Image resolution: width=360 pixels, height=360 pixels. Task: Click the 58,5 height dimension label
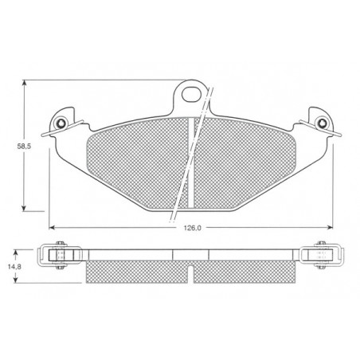[24, 146]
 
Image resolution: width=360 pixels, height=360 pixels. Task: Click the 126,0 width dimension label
[193, 228]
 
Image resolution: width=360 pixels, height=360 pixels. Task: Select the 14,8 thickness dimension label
[14, 267]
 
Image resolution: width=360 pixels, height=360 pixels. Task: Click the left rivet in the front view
[61, 123]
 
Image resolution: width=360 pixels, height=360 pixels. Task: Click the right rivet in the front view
[322, 123]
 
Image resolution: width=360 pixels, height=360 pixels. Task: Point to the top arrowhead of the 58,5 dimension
[24, 83]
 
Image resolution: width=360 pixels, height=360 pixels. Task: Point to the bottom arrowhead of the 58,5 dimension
[24, 208]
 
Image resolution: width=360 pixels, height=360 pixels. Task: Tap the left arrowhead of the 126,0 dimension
[53, 227]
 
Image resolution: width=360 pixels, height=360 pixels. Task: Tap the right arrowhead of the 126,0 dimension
[330, 227]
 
